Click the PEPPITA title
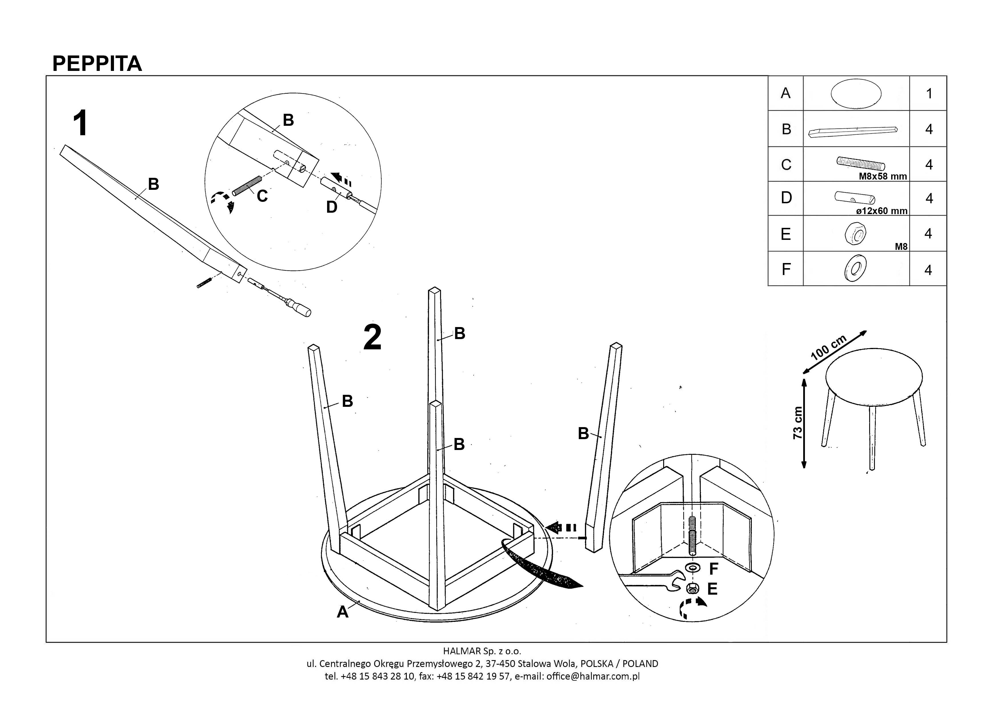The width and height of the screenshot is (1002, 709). (97, 64)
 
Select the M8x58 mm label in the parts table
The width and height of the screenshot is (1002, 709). (882, 176)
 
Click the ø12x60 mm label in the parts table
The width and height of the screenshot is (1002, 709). (881, 211)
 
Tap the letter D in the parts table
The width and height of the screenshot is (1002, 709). (786, 198)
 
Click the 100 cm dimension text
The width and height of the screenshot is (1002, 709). (828, 347)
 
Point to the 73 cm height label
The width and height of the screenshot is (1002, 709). (797, 423)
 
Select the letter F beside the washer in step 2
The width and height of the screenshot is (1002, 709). (714, 569)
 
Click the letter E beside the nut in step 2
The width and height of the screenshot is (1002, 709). (712, 589)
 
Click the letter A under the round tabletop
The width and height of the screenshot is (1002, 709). (342, 612)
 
